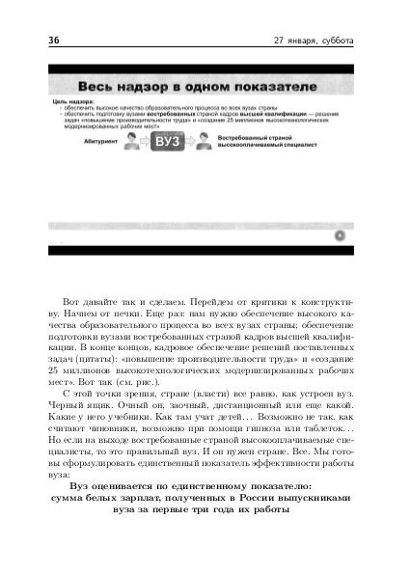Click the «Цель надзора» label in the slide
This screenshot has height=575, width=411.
(67, 100)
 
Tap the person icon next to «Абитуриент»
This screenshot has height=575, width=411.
(132, 143)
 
